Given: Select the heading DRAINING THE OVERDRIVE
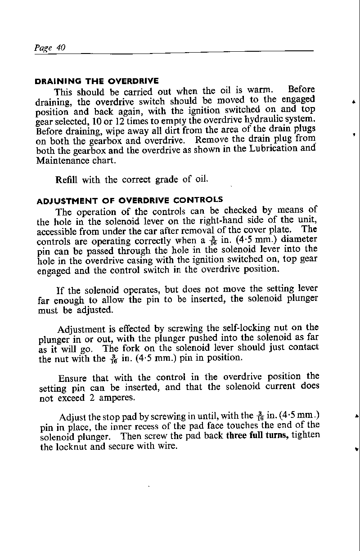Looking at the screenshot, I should click(x=97, y=81).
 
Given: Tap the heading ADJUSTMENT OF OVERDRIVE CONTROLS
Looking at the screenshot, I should click(x=129, y=200).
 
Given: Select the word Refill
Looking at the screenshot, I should click(x=67, y=180).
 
